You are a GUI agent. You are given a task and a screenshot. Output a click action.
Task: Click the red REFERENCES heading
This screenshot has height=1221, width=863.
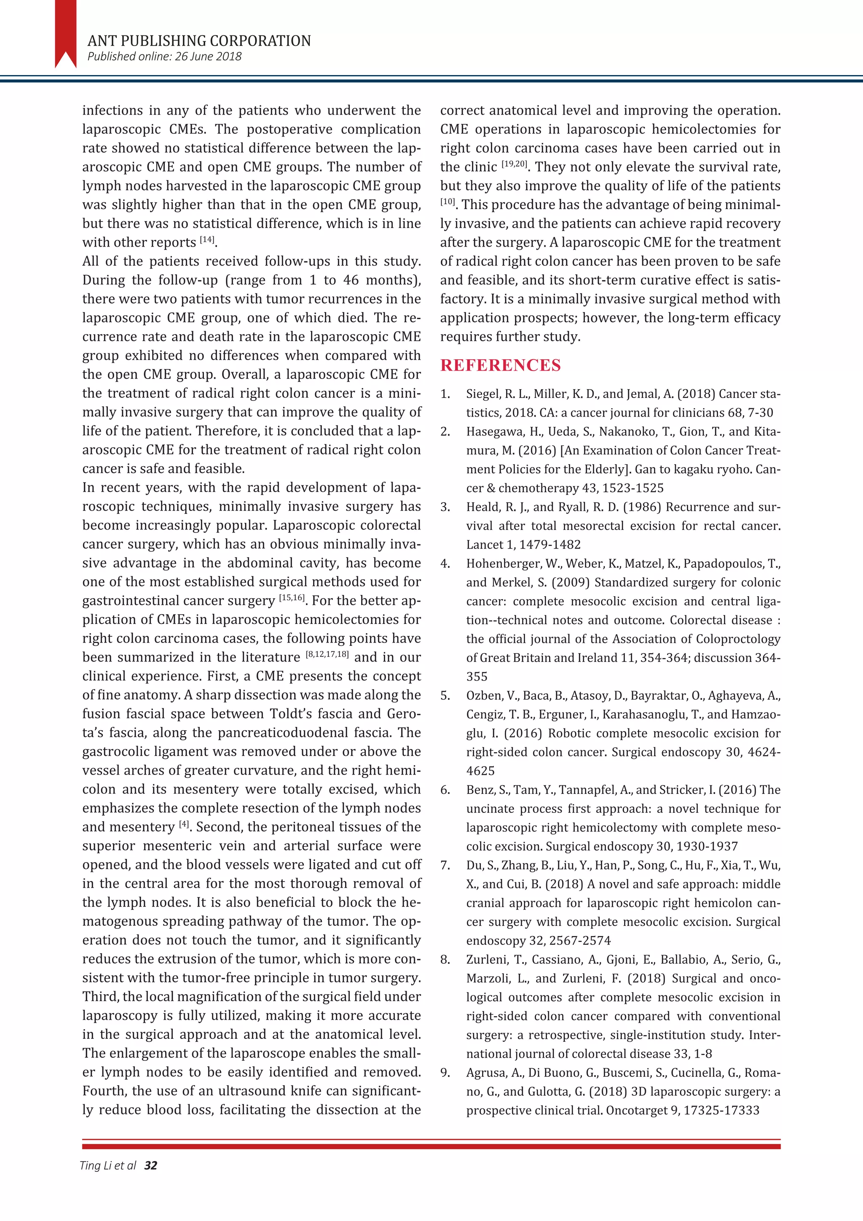click(x=500, y=366)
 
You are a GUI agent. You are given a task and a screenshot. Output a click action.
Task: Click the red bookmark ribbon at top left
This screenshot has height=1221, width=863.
click(x=65, y=33)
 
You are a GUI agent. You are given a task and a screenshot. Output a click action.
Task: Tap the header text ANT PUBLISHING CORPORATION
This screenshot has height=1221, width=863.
click(x=199, y=41)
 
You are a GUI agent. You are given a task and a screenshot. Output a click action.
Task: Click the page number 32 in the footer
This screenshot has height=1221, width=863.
click(x=150, y=1166)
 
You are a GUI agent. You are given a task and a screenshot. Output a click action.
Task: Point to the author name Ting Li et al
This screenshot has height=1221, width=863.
click(x=108, y=1166)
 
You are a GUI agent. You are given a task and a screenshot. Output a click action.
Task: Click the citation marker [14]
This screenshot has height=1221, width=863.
click(x=207, y=240)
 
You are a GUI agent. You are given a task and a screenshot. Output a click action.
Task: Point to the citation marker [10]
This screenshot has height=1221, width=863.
click(x=448, y=202)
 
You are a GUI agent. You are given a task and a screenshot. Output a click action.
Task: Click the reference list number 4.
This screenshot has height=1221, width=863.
click(x=445, y=564)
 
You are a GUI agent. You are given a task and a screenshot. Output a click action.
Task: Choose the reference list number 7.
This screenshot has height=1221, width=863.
click(x=445, y=865)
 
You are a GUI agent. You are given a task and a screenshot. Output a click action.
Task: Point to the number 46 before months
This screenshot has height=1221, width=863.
click(x=350, y=280)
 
